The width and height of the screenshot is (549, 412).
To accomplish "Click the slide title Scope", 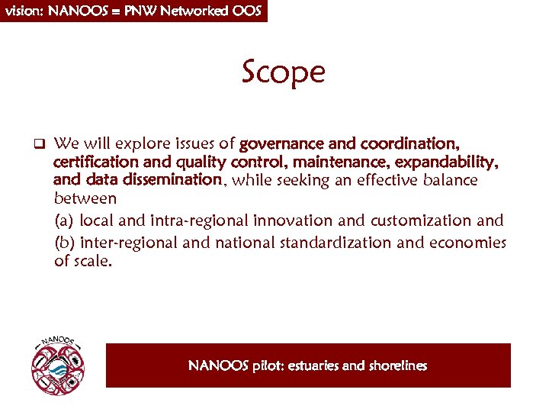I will [x=284, y=72].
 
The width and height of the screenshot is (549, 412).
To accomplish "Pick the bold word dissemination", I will [x=178, y=180].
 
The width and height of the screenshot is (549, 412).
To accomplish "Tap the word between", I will [x=85, y=199].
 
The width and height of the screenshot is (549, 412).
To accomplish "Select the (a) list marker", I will [x=65, y=221].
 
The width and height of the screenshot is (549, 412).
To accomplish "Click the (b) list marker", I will [x=65, y=243].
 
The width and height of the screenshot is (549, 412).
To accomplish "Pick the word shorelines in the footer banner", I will [x=398, y=366].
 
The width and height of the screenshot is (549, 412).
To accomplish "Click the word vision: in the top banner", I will [x=25, y=11].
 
